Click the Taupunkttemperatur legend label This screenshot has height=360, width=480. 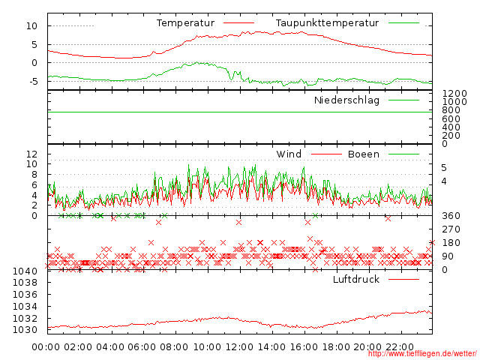click(x=326, y=23)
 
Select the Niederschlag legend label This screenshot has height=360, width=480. click(x=346, y=100)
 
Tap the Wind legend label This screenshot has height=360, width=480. click(x=289, y=154)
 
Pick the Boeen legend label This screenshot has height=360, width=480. click(x=363, y=154)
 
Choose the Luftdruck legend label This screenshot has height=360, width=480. click(x=355, y=279)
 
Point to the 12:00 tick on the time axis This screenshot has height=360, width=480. click(x=240, y=346)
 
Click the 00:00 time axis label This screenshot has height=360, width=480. click(x=46, y=346)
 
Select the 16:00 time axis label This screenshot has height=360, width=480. click(x=304, y=346)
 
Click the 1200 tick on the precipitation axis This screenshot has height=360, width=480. click(x=454, y=93)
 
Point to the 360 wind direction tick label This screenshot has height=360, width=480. click(x=450, y=216)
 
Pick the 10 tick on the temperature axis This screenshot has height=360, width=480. click(x=31, y=26)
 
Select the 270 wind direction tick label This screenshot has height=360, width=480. click(x=450, y=229)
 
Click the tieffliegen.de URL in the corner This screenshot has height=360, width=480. click(x=421, y=354)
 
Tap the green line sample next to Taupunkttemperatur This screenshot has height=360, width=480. click(x=405, y=23)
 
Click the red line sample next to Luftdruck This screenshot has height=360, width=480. click(x=404, y=279)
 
